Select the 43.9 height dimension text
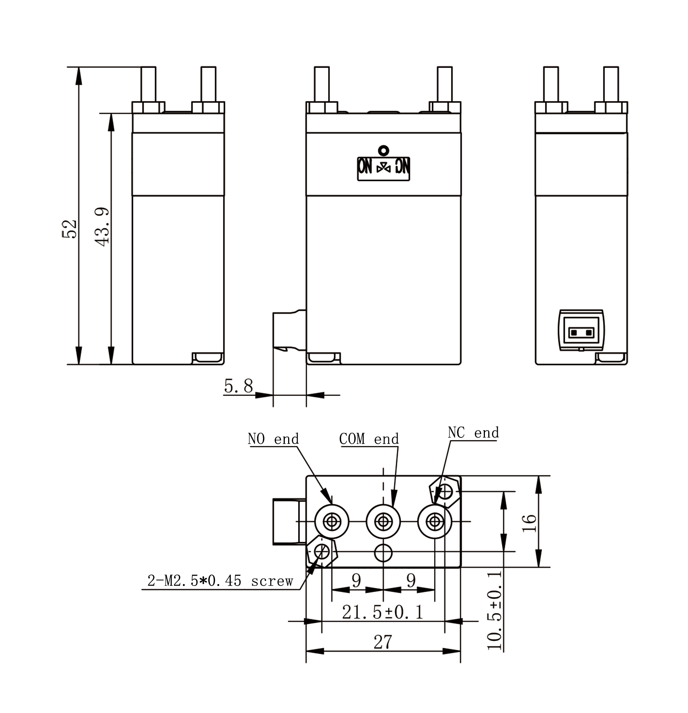point(102,227)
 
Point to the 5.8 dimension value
point(238,386)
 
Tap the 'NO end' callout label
point(273,439)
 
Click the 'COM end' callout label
point(369,439)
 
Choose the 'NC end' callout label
point(473,433)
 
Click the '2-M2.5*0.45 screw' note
point(220,581)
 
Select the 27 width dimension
point(383,642)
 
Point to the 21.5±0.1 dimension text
point(383,612)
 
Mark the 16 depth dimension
point(529,523)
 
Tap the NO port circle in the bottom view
point(332,521)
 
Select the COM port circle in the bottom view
point(383,521)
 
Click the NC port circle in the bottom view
point(435,521)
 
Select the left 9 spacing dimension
point(356,580)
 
